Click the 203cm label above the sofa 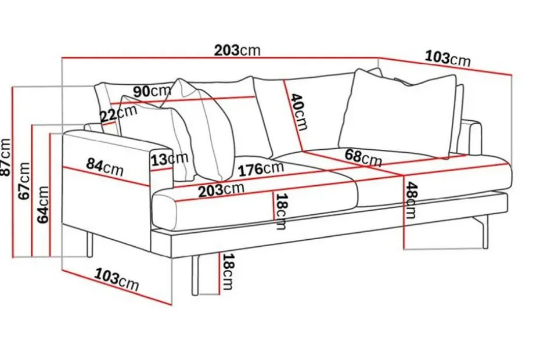[237, 51]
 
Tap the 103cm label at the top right [447, 58]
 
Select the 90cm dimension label [152, 91]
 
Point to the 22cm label [118, 113]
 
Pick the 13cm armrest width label [170, 159]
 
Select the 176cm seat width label [261, 169]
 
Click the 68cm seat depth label [363, 158]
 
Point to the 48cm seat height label [411, 200]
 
